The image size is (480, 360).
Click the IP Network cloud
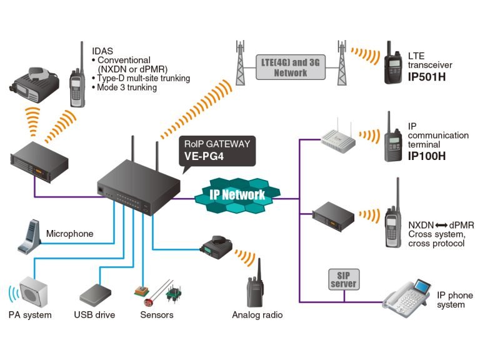237,194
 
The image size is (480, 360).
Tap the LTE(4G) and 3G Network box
291,67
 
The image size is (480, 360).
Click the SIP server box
343,279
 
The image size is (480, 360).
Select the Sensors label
157,315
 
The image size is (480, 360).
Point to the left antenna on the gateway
133,154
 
